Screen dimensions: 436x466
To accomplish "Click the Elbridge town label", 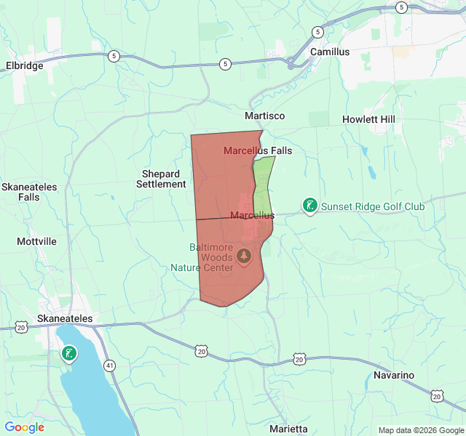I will (x=25, y=65).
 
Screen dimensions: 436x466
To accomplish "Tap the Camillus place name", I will (x=330, y=52).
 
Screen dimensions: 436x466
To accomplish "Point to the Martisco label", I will (x=264, y=116).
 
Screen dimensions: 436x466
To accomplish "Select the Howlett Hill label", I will (x=368, y=119).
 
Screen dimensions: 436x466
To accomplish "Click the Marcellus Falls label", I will (x=258, y=151).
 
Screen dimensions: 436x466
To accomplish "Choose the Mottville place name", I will (x=36, y=241).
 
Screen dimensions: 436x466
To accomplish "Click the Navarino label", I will (x=394, y=375).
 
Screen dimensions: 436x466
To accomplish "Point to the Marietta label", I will (x=288, y=429).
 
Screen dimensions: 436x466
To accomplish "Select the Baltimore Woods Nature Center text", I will (x=211, y=257).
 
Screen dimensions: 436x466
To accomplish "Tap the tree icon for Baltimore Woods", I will (x=243, y=256).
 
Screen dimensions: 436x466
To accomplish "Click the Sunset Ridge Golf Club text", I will (x=373, y=206).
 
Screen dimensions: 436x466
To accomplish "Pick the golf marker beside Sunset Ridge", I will (x=309, y=206).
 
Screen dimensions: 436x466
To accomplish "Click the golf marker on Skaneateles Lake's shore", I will (x=68, y=353).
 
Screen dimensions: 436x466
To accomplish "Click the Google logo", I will (x=24, y=427).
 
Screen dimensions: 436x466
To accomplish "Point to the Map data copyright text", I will (x=420, y=430).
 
